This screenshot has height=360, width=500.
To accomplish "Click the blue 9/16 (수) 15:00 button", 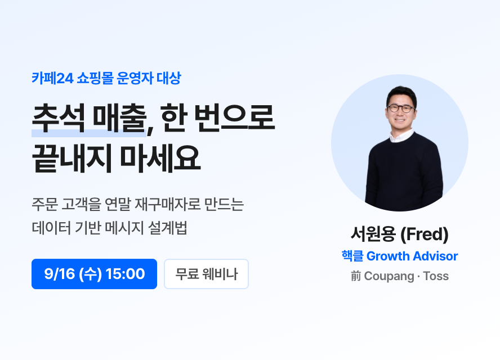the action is pos(94,274).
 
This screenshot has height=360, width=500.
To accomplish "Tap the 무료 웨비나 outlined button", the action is pos(206,274).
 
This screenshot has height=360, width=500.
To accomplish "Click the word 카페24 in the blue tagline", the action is pos(52,78).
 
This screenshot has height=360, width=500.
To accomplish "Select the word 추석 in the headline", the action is pos(59,118).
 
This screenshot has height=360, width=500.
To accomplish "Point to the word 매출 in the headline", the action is pos(119,118).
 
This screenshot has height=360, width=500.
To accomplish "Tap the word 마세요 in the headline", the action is pos(160,158).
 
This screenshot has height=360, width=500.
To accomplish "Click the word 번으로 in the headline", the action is pos(234,118).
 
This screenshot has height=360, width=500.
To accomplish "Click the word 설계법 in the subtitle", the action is pos(167,228).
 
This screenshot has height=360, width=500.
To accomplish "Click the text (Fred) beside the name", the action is pos(425,234).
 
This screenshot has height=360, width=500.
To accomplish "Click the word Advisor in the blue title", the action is pos(435,256).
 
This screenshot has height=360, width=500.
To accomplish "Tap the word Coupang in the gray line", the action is pos(389,276).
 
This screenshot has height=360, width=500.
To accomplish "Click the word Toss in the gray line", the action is pos(436,276).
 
